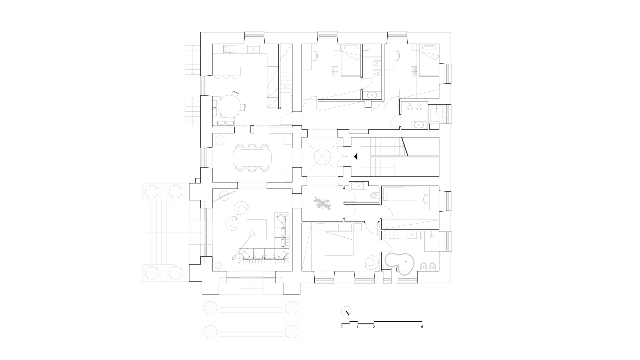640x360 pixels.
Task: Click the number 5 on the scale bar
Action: point(422,327)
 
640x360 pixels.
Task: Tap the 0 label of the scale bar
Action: point(342,327)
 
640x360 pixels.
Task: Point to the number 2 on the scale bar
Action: point(374,327)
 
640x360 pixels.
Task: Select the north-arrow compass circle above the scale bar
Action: point(346,311)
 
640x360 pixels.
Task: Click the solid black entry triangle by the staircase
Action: point(356,156)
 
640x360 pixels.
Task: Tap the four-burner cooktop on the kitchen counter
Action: point(229,49)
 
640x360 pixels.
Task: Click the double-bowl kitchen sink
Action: point(253,49)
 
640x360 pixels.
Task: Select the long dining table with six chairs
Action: point(253,157)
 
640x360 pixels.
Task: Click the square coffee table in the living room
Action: point(257,229)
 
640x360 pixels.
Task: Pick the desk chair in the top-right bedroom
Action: point(397,56)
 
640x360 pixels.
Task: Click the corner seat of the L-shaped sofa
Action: point(281,255)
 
